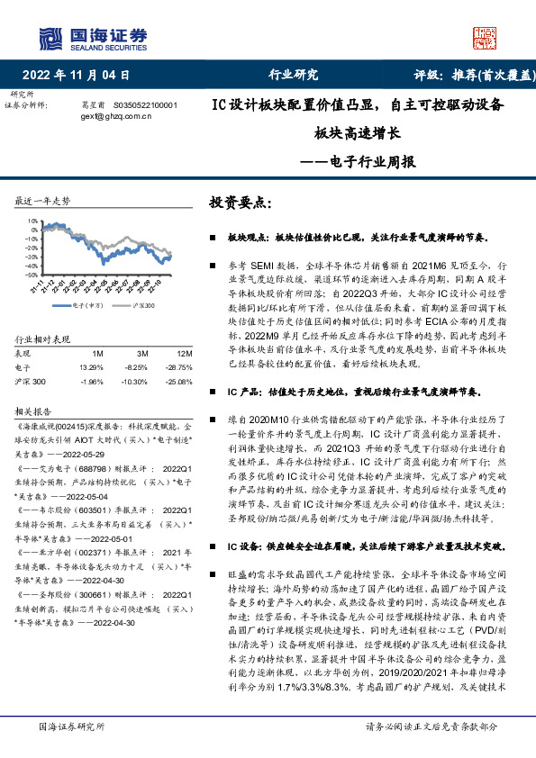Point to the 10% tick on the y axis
[32, 220]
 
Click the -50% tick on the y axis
[32, 276]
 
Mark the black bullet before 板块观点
[212, 239]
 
